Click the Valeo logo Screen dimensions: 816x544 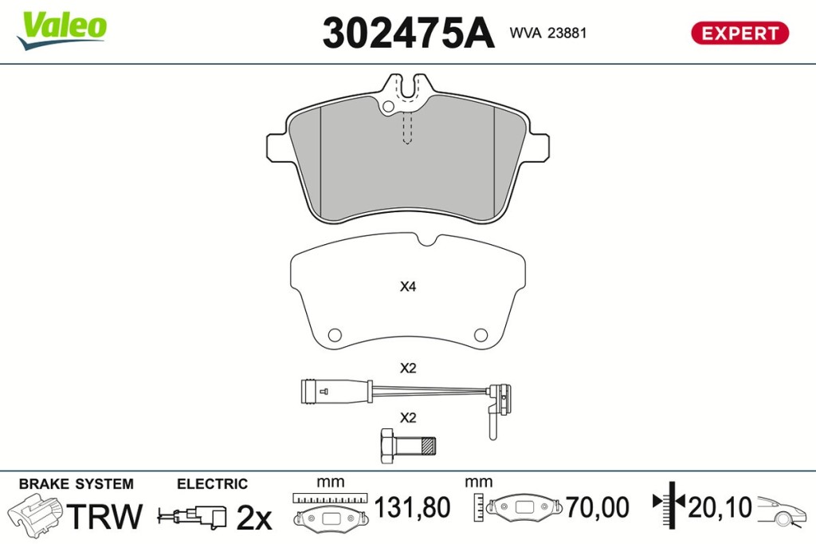click(x=62, y=30)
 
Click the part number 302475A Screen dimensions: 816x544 click(x=408, y=33)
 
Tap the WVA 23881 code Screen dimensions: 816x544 click(x=548, y=33)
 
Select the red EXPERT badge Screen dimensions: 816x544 click(x=739, y=33)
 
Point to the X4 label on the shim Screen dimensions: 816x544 click(x=408, y=286)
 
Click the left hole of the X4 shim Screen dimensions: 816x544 click(x=335, y=334)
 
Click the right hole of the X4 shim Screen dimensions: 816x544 click(x=481, y=334)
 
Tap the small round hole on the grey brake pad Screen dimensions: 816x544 click(x=388, y=107)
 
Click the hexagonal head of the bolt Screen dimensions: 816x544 click(x=387, y=446)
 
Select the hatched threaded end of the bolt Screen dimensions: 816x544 click(x=428, y=446)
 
